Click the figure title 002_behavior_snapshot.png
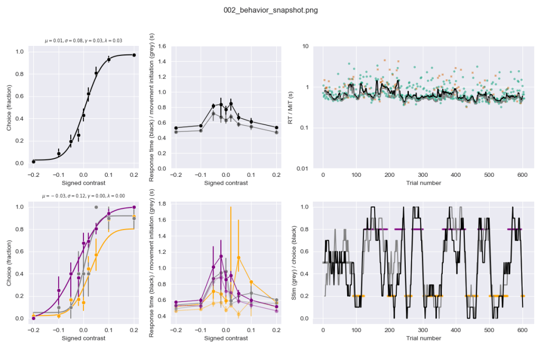(270, 10)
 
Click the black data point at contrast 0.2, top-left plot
(134, 55)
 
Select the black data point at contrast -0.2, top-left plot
(33, 161)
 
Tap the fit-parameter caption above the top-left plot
(83, 41)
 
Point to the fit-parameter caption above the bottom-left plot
(83, 196)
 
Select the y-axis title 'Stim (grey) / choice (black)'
(295, 263)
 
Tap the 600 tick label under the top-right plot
(523, 175)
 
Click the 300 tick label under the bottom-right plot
(423, 330)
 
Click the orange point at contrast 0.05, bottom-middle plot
(239, 258)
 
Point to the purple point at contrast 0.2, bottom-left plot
(134, 207)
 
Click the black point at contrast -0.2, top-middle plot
(175, 128)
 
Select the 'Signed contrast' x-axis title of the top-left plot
(83, 183)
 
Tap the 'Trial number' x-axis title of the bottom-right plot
(423, 338)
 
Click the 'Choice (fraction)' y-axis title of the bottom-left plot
(9, 261)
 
